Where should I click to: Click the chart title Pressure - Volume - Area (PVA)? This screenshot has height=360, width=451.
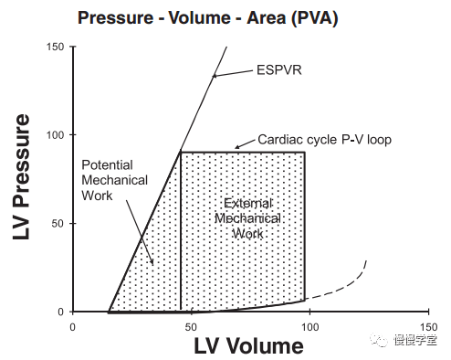pyautogui.click(x=208, y=18)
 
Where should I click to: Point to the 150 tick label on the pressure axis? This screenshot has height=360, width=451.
pyautogui.click(x=55, y=47)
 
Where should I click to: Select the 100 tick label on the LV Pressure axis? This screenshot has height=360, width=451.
pyautogui.click(x=55, y=135)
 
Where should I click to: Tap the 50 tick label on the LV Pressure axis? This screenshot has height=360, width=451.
pyautogui.click(x=58, y=223)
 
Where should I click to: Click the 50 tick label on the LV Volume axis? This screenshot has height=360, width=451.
pyautogui.click(x=191, y=327)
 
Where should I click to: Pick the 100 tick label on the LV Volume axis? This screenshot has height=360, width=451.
pyautogui.click(x=309, y=327)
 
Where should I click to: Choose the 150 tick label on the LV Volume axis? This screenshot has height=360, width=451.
pyautogui.click(x=428, y=327)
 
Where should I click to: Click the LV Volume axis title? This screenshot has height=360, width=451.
pyautogui.click(x=249, y=346)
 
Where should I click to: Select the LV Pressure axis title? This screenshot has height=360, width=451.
pyautogui.click(x=21, y=177)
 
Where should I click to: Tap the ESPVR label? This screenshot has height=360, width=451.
pyautogui.click(x=279, y=70)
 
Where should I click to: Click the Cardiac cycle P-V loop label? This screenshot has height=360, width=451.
pyautogui.click(x=324, y=140)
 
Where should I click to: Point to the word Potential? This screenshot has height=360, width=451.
pyautogui.click(x=107, y=165)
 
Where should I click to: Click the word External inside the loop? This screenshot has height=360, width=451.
pyautogui.click(x=248, y=203)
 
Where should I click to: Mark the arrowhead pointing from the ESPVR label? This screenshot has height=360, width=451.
pyautogui.click(x=215, y=76)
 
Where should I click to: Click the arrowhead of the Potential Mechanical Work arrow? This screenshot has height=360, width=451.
pyautogui.click(x=152, y=261)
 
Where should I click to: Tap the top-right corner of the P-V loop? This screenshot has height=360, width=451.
pyautogui.click(x=305, y=152)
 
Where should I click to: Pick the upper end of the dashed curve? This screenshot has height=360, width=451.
pyautogui.click(x=366, y=260)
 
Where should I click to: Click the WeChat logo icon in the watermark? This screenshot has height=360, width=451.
pyautogui.click(x=379, y=339)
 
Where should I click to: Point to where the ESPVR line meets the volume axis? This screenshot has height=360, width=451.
pyautogui.click(x=109, y=312)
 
